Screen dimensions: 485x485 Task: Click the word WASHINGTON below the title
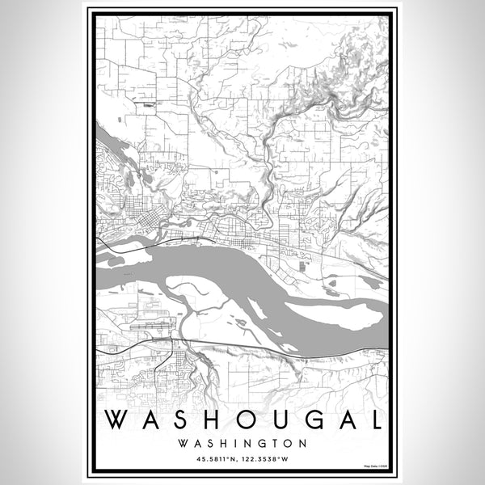point(242,443)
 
